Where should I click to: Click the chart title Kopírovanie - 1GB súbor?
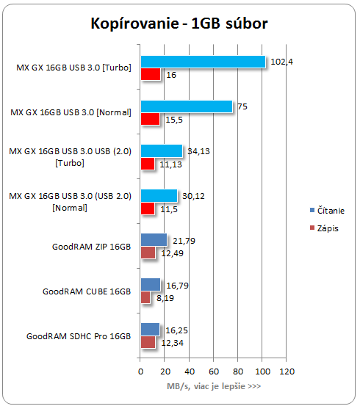coord(179,23)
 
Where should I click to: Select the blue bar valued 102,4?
coord(204,62)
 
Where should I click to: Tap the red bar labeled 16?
coord(151,74)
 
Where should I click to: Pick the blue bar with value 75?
coord(187,106)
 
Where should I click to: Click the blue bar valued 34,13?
coord(162,151)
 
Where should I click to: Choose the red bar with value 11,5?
coord(148,209)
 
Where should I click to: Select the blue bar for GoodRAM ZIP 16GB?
coord(154,240)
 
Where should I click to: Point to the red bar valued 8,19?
coord(145,297)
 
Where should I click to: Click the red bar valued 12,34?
coord(148,342)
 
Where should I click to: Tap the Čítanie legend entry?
coord(327,211)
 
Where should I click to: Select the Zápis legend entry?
coord(324,228)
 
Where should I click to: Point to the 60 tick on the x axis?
coord(214,371)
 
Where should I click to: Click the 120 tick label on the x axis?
coord(287,371)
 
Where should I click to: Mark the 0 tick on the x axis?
coord(140,371)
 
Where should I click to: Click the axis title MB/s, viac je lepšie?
coord(214,386)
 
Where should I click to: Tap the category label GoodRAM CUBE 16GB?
coord(87,291)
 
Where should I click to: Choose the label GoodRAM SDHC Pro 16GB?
coord(79,336)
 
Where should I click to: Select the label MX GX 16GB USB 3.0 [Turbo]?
coord(74,68)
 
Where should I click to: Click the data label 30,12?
coord(193,196)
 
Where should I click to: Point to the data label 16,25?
coord(177,330)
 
